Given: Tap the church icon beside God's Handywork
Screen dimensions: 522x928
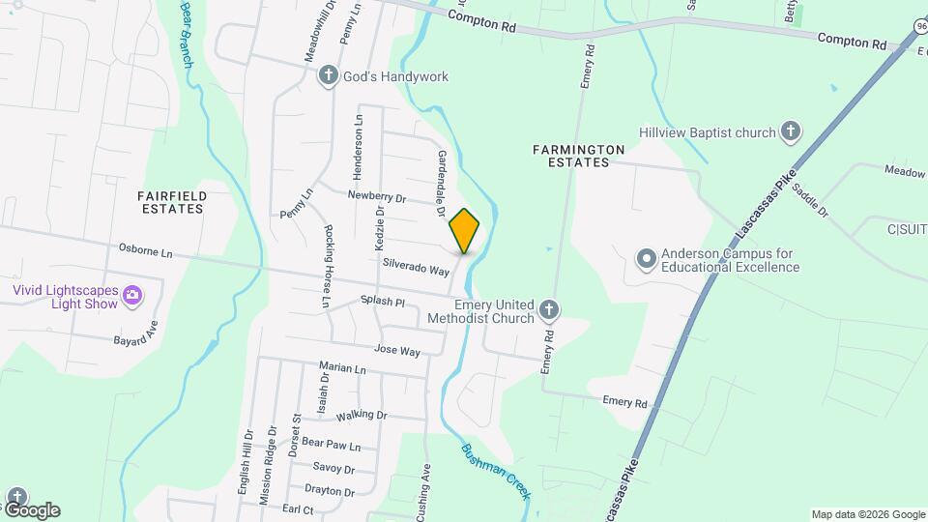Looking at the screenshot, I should click(329, 76).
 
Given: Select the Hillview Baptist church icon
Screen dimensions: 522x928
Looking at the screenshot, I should click(791, 132).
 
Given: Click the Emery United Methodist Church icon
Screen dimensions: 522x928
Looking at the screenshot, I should click(548, 310).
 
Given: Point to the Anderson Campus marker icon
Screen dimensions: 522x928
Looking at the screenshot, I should click(646, 259).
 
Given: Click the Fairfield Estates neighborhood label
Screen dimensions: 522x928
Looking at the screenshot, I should click(173, 202).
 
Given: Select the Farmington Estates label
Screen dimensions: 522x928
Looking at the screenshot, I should click(578, 156).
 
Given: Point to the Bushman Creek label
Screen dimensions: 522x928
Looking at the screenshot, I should click(495, 471).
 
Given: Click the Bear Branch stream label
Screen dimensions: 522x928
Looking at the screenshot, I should click(187, 34).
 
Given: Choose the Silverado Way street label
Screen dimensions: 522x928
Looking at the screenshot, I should click(416, 267).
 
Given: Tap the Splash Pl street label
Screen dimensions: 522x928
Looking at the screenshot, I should click(382, 302).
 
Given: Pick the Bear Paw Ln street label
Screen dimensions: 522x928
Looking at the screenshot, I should click(331, 446).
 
